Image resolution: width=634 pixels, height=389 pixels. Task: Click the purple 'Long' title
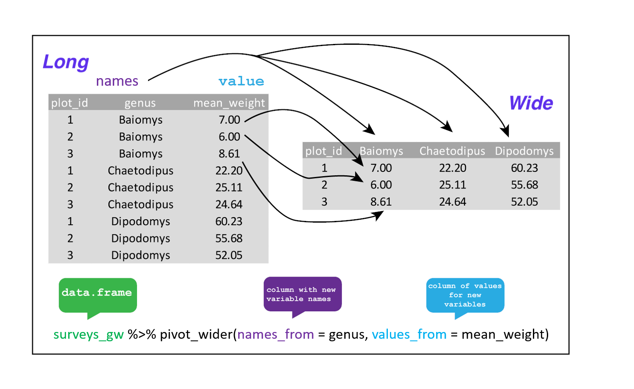click(x=66, y=62)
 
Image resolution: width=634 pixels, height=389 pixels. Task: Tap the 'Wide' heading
click(x=531, y=103)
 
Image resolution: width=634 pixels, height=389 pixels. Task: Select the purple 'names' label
click(x=117, y=81)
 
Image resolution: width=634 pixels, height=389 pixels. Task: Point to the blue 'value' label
click(x=241, y=81)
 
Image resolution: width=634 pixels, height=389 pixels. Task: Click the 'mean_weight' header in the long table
click(x=229, y=103)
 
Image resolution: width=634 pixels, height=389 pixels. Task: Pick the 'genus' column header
click(x=140, y=103)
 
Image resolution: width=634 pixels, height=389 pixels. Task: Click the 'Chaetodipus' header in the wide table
click(x=452, y=151)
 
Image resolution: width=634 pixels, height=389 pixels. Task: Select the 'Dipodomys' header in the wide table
click(x=524, y=151)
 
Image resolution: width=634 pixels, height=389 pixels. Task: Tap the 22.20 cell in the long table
click(x=229, y=171)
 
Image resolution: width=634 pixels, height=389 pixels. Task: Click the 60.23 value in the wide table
click(x=524, y=168)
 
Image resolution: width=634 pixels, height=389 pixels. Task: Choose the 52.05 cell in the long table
click(x=229, y=255)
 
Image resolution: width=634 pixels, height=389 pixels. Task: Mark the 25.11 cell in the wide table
click(x=453, y=185)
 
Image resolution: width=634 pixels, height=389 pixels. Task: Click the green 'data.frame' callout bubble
click(x=98, y=295)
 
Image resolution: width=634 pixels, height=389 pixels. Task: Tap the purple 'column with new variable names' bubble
click(x=302, y=294)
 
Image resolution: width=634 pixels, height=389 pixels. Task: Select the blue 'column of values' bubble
click(x=465, y=295)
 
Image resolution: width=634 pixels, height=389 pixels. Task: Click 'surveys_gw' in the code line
click(x=88, y=335)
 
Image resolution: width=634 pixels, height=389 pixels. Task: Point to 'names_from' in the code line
click(x=275, y=335)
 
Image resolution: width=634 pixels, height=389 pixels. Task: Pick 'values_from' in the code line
click(x=409, y=335)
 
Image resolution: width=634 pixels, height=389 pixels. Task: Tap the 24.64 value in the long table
click(x=229, y=204)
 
